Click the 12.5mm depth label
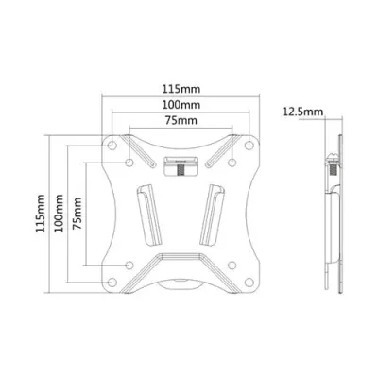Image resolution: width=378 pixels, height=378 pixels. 300,112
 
